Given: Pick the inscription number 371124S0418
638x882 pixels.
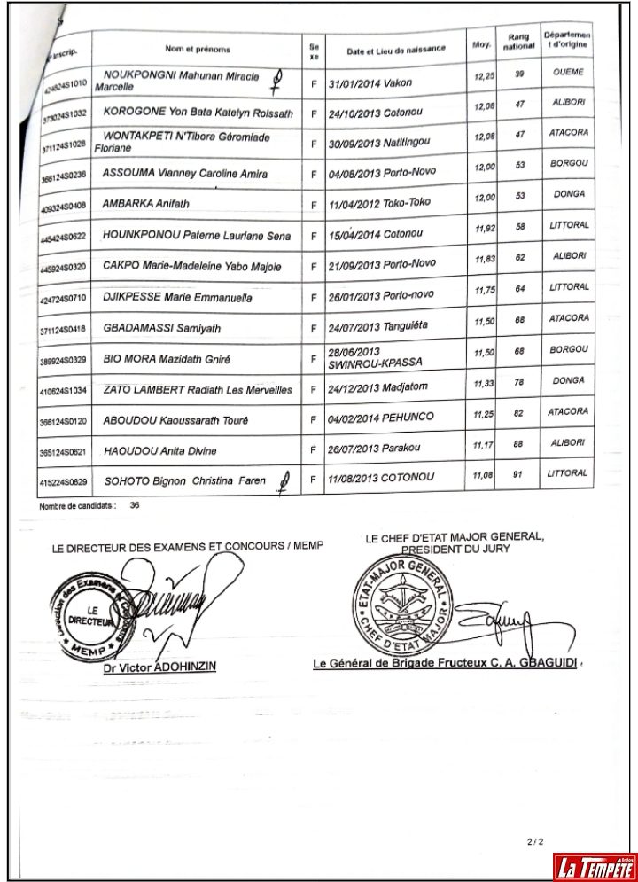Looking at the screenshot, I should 63,330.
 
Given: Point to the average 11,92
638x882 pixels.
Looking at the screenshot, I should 484,229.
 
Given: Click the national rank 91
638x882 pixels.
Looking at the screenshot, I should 520,474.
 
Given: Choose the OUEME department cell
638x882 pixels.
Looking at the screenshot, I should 568,72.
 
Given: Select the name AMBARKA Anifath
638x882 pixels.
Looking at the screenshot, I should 146,204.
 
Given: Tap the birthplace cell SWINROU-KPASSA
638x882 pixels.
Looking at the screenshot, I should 375,363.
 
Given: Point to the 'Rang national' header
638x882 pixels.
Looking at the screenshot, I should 519,41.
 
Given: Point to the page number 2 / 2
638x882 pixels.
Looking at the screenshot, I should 533,840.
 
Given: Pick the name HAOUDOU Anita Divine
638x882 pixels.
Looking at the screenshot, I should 159,451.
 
